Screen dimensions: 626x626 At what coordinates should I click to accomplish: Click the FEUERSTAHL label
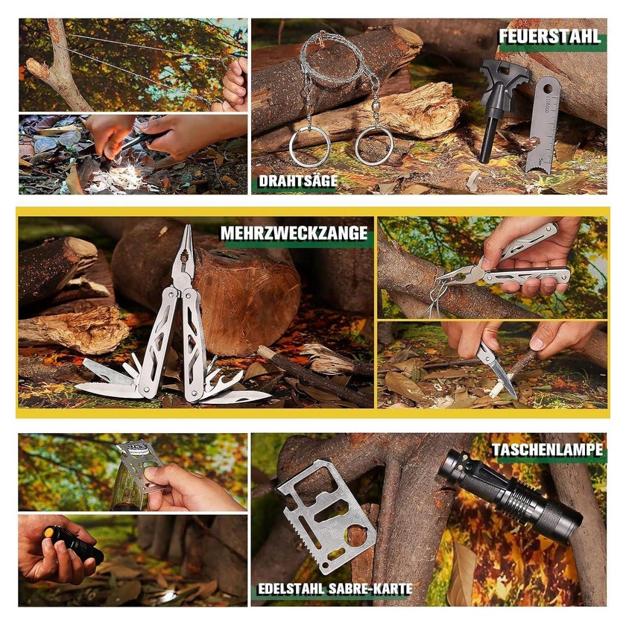549,37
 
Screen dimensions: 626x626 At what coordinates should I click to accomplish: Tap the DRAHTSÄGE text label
298,181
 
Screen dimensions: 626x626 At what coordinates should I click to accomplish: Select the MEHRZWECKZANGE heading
294,233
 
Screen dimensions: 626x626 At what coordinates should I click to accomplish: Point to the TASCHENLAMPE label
547,450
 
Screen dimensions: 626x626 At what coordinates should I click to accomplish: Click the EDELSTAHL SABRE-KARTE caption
335,589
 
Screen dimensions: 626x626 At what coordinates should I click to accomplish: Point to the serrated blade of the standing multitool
106,388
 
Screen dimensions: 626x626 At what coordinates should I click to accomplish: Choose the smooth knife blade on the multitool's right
238,396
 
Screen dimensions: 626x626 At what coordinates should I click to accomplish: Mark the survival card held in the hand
138,475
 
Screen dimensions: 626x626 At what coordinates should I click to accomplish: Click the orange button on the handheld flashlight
48,532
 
